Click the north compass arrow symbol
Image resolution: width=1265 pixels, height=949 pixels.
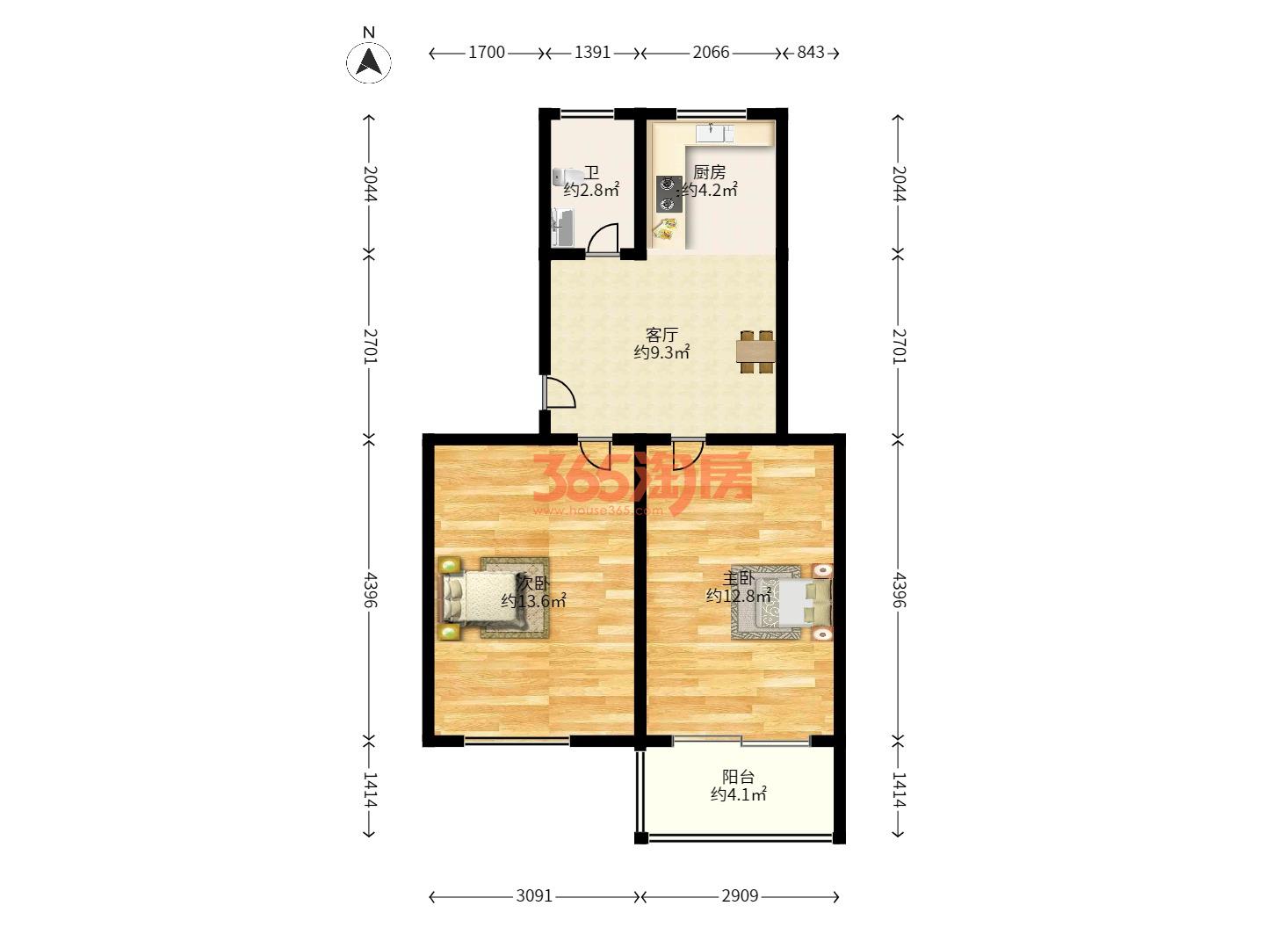368,62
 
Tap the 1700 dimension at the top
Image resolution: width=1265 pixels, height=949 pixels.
487,53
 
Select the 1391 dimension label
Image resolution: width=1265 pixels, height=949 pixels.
592,53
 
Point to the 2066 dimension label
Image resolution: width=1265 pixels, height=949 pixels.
711,53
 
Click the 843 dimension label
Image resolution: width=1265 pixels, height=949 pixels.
810,53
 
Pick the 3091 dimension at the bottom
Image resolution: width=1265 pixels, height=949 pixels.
533,896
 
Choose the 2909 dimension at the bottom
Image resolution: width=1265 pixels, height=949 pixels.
740,896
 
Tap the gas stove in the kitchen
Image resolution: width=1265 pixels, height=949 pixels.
669,194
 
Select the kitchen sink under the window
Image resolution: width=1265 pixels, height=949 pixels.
714,133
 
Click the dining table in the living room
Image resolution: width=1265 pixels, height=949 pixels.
755,351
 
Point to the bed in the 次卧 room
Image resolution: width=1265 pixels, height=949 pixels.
484,598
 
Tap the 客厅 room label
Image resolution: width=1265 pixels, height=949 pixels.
661,335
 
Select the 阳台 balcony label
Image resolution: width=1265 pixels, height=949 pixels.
738,777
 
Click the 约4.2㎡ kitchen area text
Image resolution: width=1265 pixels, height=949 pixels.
710,190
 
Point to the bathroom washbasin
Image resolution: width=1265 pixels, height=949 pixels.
562,228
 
